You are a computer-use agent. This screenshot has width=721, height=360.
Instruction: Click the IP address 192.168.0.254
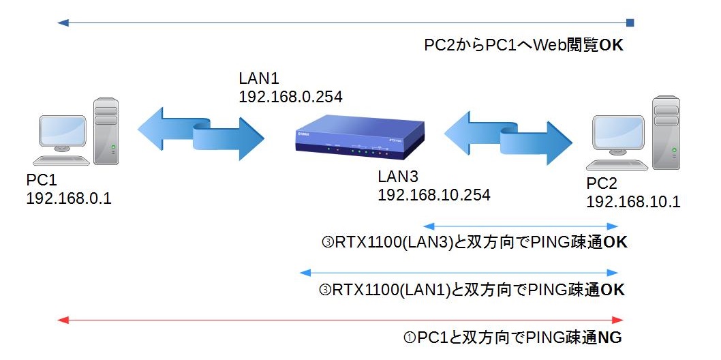tap(290, 96)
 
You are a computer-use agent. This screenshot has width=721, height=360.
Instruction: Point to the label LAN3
tap(398, 177)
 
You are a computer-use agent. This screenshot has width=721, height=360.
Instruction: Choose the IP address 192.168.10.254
tap(434, 195)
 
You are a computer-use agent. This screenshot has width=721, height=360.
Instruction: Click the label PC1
tap(42, 180)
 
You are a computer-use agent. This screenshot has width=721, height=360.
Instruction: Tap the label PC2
tap(602, 183)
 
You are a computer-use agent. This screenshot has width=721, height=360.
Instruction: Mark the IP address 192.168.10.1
tap(633, 202)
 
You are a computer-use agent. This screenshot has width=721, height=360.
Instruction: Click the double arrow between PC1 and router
tap(200, 132)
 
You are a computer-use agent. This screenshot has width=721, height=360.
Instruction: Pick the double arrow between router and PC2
tap(508, 136)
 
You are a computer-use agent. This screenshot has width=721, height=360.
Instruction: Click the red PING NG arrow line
tap(341, 319)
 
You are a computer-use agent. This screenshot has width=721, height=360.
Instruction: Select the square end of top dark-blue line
tap(630, 23)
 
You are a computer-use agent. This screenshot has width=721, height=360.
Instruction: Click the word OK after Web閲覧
tap(611, 46)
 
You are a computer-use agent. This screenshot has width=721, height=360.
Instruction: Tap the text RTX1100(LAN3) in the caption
tap(392, 242)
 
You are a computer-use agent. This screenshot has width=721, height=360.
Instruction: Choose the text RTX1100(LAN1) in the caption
tap(390, 290)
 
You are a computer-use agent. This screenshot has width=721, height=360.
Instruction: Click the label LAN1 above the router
tap(259, 78)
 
